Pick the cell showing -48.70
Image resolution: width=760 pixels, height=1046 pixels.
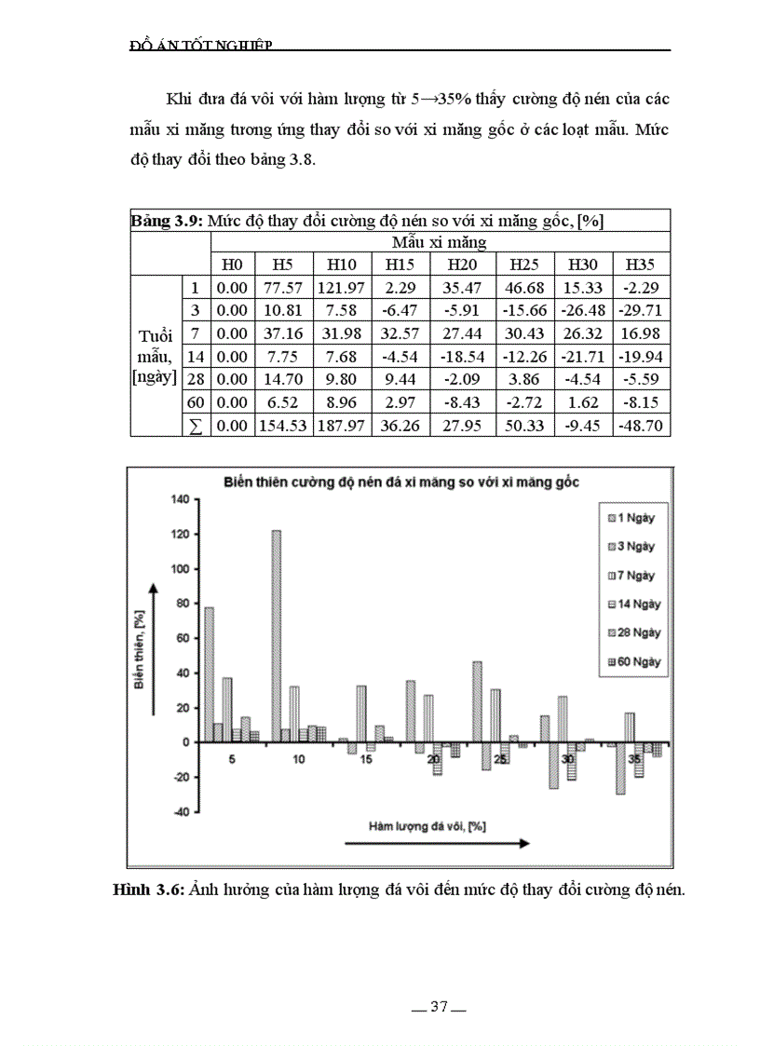click(642, 425)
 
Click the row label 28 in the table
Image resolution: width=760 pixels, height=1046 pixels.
click(195, 379)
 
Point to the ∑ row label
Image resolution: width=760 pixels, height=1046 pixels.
click(195, 425)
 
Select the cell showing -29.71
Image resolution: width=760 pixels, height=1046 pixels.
click(642, 311)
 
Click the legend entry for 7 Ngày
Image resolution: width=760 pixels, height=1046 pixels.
click(630, 576)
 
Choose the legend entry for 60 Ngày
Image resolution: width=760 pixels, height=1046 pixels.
click(630, 661)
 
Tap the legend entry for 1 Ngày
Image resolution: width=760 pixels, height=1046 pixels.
click(630, 518)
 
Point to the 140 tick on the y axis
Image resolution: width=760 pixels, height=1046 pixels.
click(179, 499)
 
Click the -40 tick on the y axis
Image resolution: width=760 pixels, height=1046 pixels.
click(179, 812)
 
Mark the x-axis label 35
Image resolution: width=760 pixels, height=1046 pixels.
click(634, 760)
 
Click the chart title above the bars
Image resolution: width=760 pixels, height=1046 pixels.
click(400, 482)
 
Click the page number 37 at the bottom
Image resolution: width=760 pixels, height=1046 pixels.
click(440, 1007)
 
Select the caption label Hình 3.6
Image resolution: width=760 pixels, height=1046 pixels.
click(147, 890)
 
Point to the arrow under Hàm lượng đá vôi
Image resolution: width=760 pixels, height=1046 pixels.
click(436, 843)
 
